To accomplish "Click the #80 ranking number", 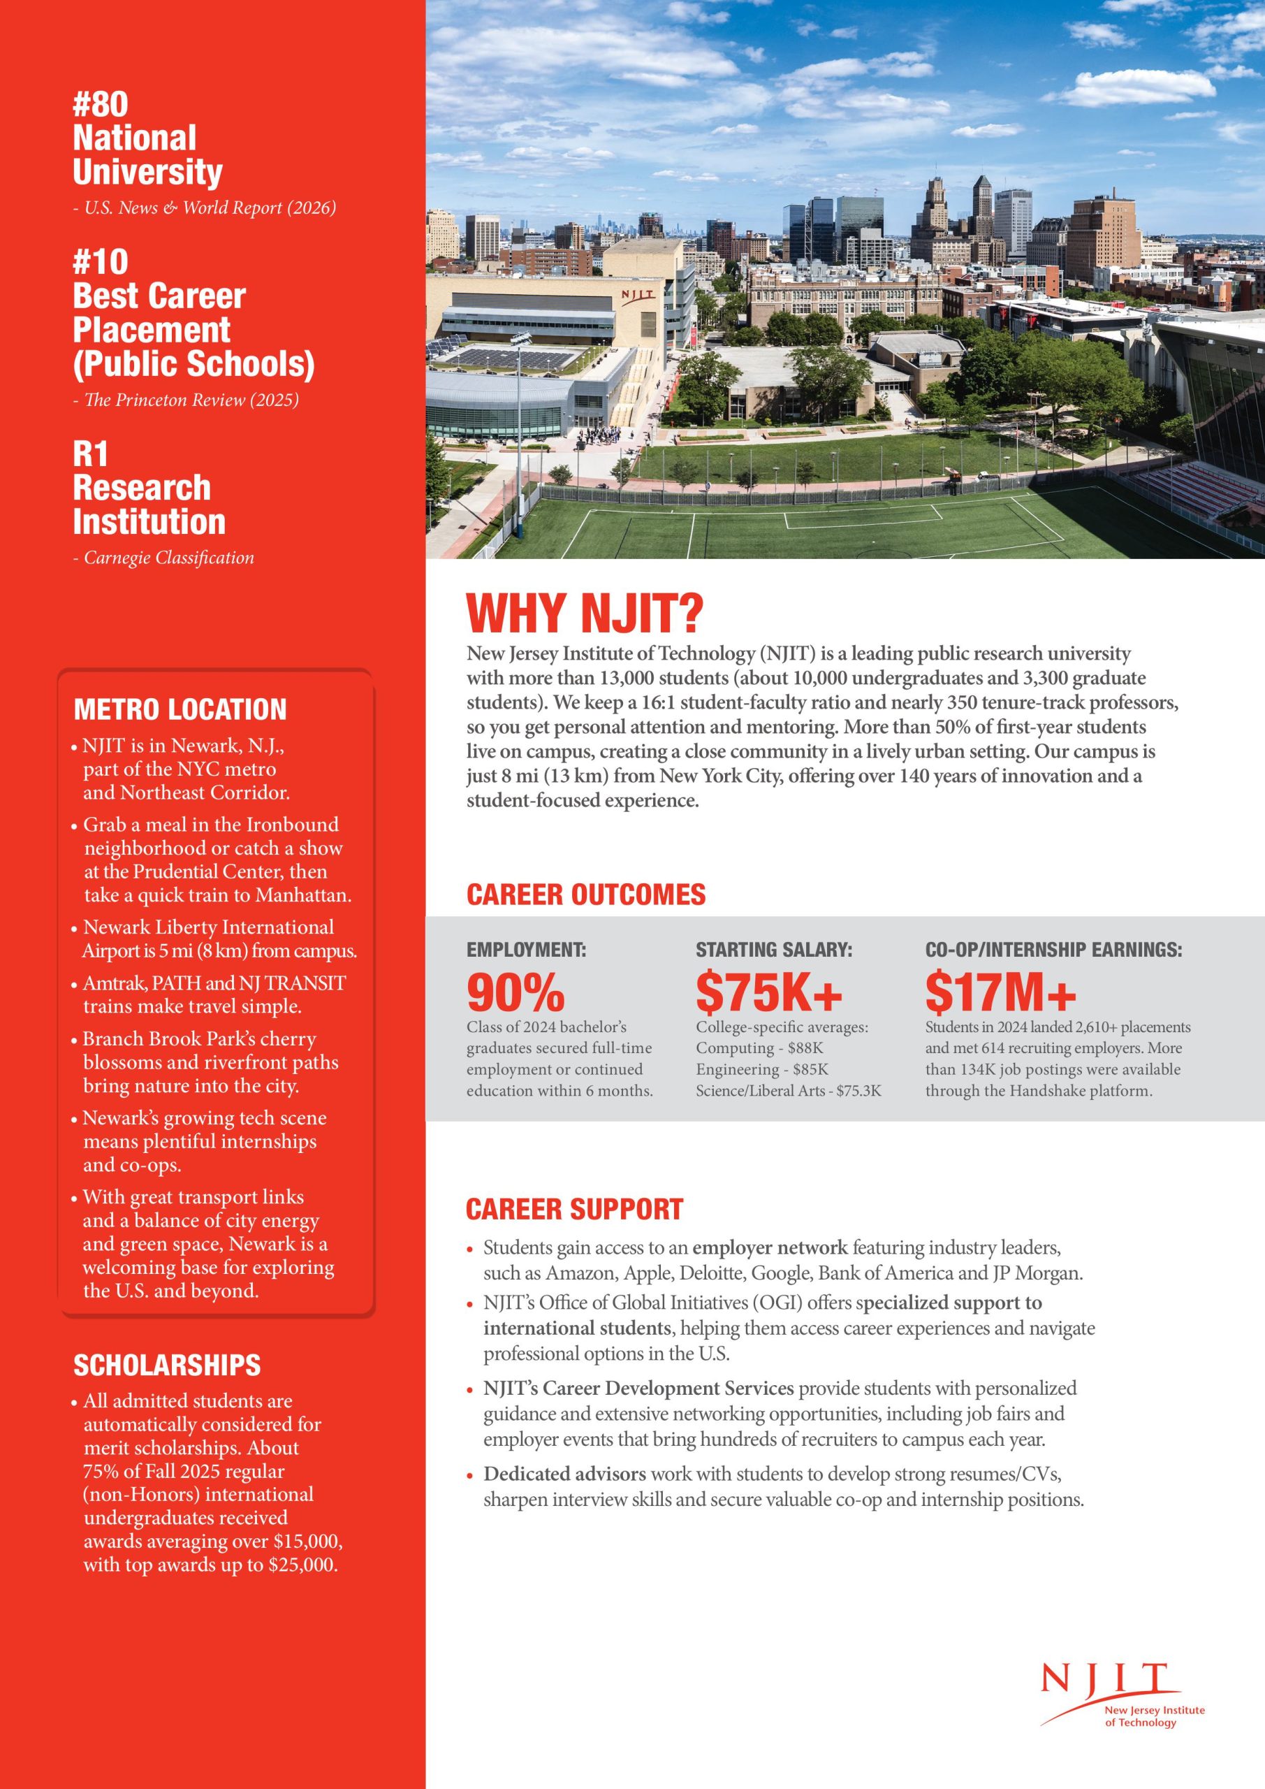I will tap(101, 104).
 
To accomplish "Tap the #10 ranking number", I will tap(101, 263).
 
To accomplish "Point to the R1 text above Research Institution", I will tap(90, 454).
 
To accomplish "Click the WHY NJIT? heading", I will tap(584, 614).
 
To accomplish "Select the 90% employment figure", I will tap(515, 992).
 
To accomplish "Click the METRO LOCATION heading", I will tap(180, 710).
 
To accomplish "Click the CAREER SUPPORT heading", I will tap(574, 1208).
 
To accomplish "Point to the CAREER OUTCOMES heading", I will tap(586, 894).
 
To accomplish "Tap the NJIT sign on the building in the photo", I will tap(637, 296).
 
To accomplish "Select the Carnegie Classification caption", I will tap(168, 558).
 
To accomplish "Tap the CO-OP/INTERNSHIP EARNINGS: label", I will tap(1053, 950).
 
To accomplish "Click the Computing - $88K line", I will tap(759, 1048).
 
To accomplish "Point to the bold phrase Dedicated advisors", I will tap(564, 1475).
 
